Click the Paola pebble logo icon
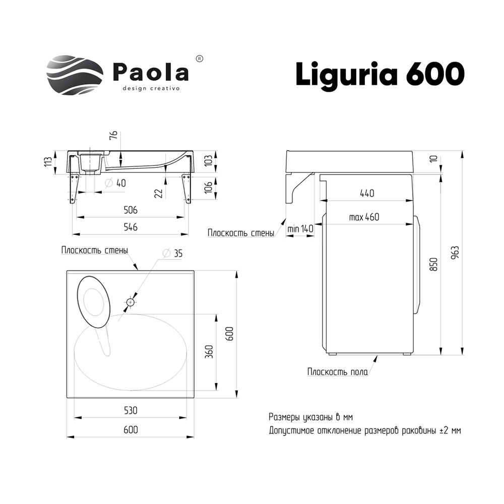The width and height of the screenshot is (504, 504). point(75,75)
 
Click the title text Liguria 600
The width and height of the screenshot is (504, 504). point(380,74)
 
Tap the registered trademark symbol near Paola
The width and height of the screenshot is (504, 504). point(199,59)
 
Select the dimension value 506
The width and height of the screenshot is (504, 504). point(131,210)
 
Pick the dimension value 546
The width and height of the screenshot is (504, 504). point(131,227)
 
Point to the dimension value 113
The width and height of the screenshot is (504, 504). point(48,161)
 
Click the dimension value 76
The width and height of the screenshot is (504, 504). point(113,135)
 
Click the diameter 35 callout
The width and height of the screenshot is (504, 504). point(172,254)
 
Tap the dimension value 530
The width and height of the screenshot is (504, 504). point(131,410)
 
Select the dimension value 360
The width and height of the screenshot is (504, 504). point(209,352)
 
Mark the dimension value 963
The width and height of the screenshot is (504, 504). point(455,253)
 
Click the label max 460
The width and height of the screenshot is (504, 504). point(364,217)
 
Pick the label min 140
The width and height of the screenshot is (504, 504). point(300,229)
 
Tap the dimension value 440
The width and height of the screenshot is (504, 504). point(367,193)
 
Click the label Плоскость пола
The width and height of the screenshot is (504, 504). point(338,372)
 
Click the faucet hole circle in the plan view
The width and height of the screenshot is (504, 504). point(130,302)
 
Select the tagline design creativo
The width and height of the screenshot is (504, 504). point(151,88)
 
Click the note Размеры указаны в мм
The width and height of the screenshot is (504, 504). point(311,417)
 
